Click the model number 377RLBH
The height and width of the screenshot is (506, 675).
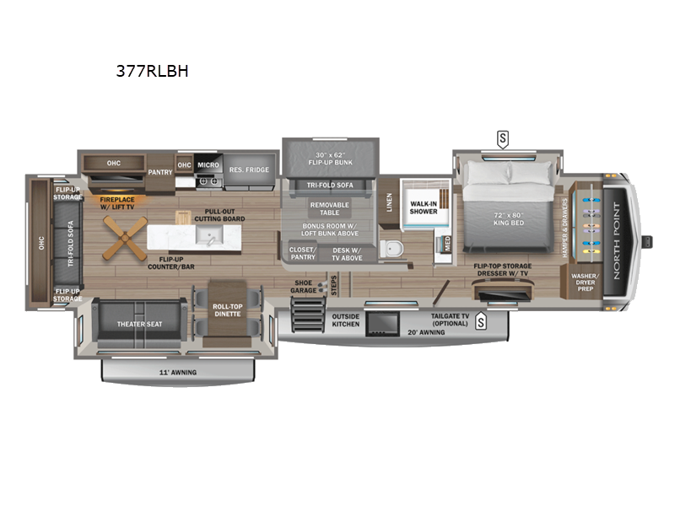(x=146, y=72)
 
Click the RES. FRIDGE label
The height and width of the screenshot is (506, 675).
(x=248, y=170)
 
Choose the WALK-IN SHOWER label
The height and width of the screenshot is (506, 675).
(x=424, y=207)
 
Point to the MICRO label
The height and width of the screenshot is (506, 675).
(x=208, y=164)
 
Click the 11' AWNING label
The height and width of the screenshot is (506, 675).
(x=179, y=370)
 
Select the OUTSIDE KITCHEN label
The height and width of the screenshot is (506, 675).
(x=344, y=320)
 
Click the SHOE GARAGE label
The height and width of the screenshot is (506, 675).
(x=303, y=287)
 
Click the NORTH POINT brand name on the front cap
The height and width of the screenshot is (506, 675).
(x=621, y=235)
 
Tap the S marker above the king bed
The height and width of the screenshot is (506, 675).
(x=504, y=138)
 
